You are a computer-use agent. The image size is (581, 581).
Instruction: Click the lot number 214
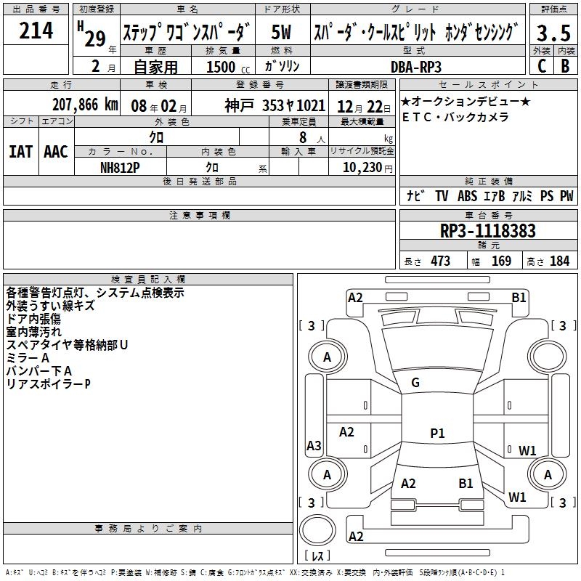pyautogui.click(x=36, y=31)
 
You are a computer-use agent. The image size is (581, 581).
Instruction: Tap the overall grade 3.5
pyautogui.click(x=553, y=33)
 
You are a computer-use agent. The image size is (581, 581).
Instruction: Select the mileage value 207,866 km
pyautogui.click(x=85, y=105)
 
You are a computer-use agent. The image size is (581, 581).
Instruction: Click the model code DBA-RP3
pyautogui.click(x=415, y=67)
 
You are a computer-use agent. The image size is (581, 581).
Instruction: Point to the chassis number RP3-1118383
pyautogui.click(x=487, y=230)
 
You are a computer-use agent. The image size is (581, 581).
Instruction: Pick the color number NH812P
pyautogui.click(x=120, y=168)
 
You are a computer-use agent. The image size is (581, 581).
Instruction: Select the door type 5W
pyautogui.click(x=281, y=32)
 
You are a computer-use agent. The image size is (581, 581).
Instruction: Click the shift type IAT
pyautogui.click(x=20, y=152)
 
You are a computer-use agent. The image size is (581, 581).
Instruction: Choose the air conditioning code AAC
pyautogui.click(x=56, y=152)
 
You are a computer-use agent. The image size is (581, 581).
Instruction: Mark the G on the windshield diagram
pyautogui.click(x=415, y=383)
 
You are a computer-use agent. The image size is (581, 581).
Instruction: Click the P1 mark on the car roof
pyautogui.click(x=437, y=433)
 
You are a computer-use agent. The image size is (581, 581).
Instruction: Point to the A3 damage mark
pyautogui.click(x=314, y=445)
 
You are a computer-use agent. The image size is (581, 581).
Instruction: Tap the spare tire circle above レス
pyautogui.click(x=317, y=529)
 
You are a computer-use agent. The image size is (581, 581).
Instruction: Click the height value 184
pyautogui.click(x=559, y=261)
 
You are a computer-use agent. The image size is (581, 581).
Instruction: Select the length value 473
pyautogui.click(x=441, y=261)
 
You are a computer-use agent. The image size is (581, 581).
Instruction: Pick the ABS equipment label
pyautogui.click(x=467, y=195)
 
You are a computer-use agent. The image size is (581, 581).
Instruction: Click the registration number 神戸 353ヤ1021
pyautogui.click(x=275, y=105)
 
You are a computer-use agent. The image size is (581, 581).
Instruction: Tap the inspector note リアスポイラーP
pyautogui.click(x=48, y=384)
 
